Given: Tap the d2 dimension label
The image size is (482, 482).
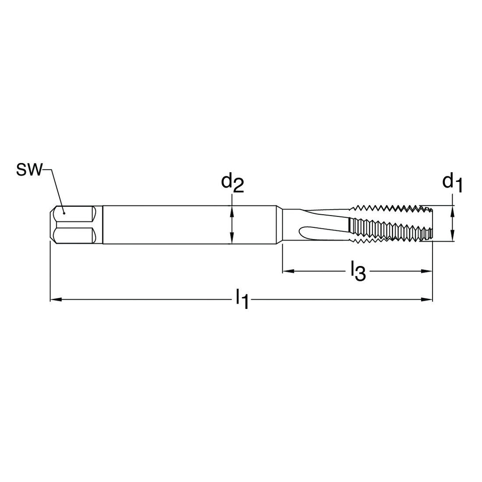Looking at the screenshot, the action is [x=232, y=184].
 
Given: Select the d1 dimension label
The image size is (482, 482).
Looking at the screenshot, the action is [x=452, y=183].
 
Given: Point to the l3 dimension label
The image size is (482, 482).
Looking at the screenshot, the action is [x=358, y=271].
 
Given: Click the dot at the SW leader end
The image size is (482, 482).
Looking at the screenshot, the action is [x=64, y=213].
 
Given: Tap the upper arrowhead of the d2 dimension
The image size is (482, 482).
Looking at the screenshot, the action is [x=232, y=211].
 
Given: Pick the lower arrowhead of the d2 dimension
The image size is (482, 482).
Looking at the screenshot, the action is [x=232, y=238].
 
